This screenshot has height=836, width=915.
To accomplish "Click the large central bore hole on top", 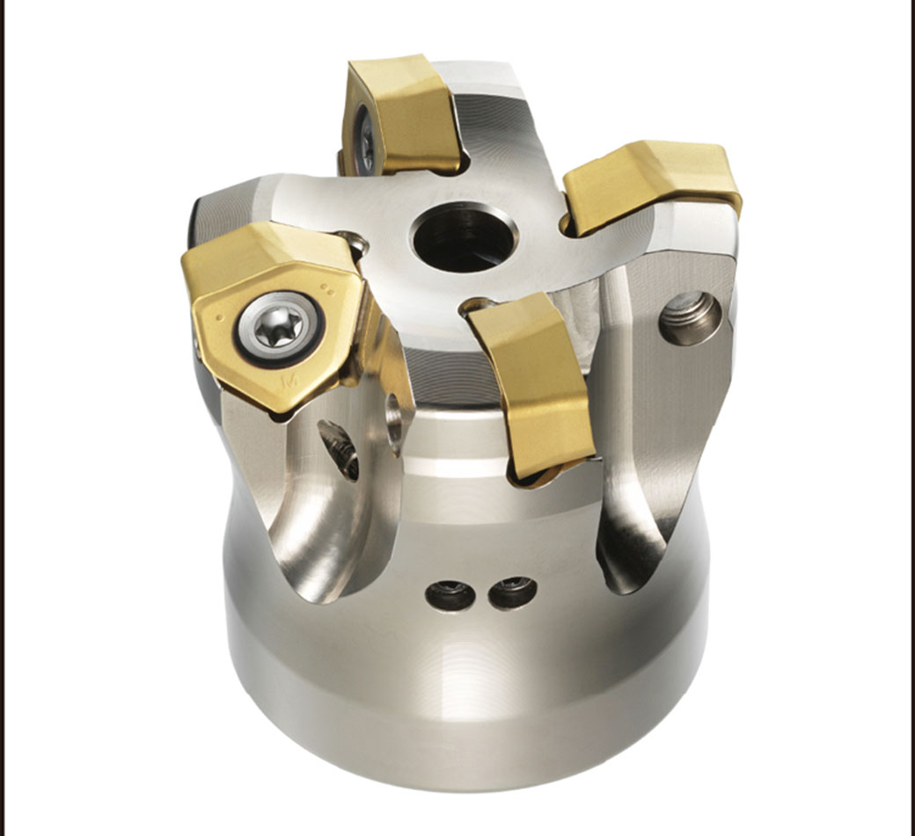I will (464, 236).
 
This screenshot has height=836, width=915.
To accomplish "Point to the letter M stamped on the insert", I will (286, 383).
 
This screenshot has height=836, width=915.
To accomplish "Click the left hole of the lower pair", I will (450, 595).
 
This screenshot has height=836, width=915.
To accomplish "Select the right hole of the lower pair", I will (512, 592).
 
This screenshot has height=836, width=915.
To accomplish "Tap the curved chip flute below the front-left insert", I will (308, 519).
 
